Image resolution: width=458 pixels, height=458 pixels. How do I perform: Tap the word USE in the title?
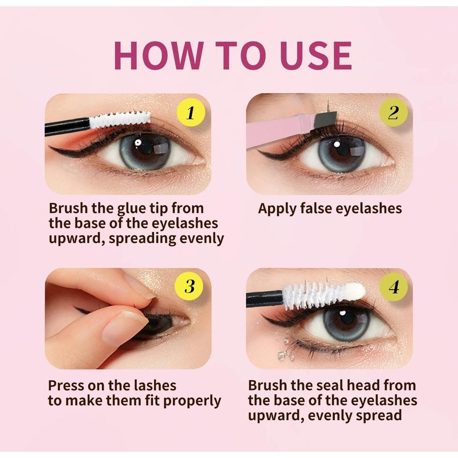316,55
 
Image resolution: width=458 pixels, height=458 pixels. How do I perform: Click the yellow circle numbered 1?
191,113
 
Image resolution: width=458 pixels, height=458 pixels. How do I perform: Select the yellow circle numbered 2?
393,113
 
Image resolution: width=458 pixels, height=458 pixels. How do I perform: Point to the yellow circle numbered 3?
190,286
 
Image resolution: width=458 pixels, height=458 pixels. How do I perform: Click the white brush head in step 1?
120,120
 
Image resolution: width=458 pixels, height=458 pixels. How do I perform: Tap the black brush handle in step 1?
67,127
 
